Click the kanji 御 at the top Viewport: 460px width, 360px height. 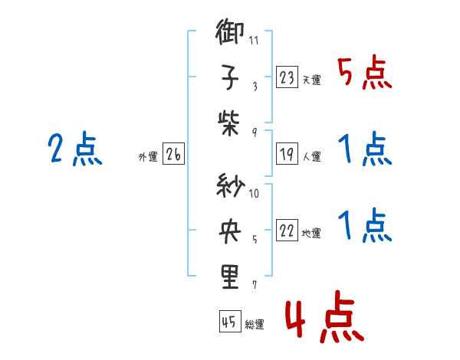pos(229,31)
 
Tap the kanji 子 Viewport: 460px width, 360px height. pos(230,77)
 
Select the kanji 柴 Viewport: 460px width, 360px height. pos(228,123)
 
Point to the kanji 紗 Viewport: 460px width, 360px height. pos(231,185)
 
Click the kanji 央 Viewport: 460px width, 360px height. pos(230,231)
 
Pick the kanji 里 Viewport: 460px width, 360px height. pos(230,277)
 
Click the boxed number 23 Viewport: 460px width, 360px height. pos(287,77)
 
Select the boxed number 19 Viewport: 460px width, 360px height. pos(287,154)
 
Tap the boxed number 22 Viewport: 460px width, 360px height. pos(287,230)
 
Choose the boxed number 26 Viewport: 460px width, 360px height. pos(174,154)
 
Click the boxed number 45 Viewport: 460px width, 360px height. pos(230,321)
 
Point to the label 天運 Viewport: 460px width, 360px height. pos(312,80)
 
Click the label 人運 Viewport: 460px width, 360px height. pos(312,156)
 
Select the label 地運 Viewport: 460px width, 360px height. pos(311,233)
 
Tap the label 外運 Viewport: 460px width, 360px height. pos(148,156)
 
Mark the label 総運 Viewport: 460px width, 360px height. pos(255,324)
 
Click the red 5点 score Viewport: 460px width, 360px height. pos(365,73)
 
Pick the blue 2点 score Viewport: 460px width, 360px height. pos(75,149)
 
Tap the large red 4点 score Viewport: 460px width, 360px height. pos(324,316)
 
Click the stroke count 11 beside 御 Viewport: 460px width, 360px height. pos(254,40)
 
